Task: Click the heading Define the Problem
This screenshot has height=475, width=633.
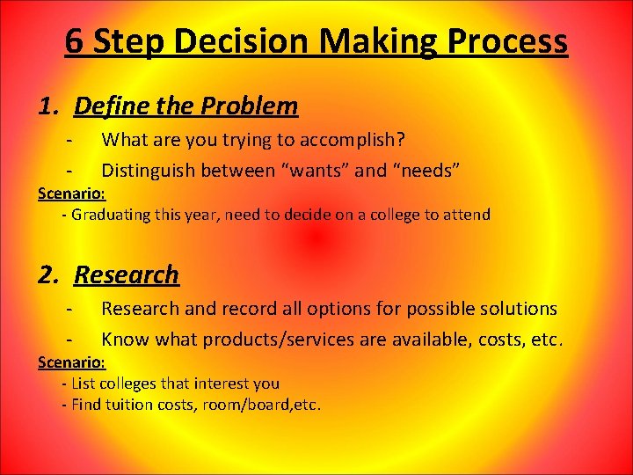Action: [x=186, y=106]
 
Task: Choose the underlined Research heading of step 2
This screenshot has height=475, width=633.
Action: [x=127, y=275]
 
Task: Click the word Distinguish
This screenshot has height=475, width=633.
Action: [x=149, y=170]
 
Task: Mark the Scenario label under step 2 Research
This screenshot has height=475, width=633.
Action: [x=72, y=362]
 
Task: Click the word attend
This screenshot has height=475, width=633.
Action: [x=467, y=215]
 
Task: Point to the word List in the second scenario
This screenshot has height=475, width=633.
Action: [x=84, y=384]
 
